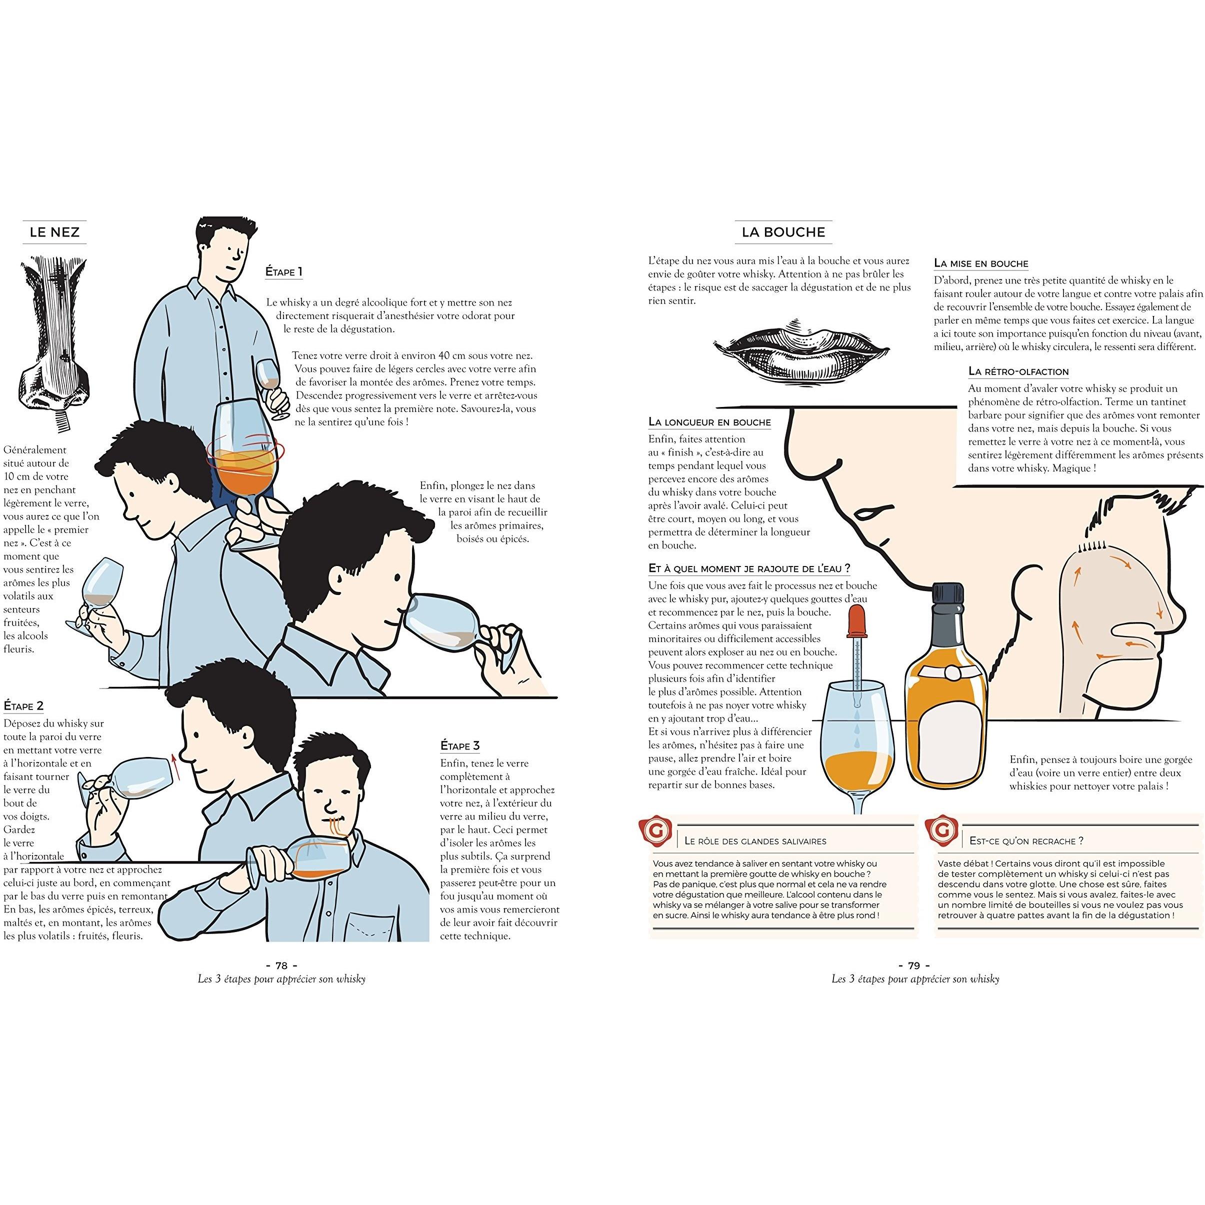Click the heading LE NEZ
pyautogui.click(x=55, y=232)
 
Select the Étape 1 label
pyautogui.click(x=284, y=272)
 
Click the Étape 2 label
pyautogui.click(x=23, y=706)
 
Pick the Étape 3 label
pyautogui.click(x=459, y=746)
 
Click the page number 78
pyautogui.click(x=281, y=966)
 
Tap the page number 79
pyautogui.click(x=913, y=966)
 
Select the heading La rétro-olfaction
pyautogui.click(x=1018, y=371)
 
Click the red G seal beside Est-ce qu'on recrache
pyautogui.click(x=943, y=831)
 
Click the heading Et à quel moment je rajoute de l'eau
pyautogui.click(x=749, y=569)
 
